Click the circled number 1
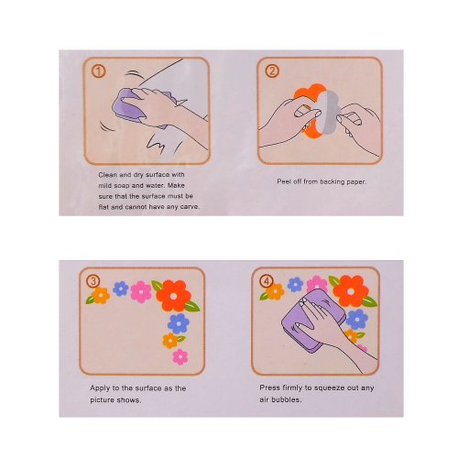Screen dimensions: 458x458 coord(98,71)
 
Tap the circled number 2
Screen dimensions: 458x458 coord(272,71)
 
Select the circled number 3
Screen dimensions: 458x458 coord(93,281)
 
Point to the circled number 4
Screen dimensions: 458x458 coord(266,281)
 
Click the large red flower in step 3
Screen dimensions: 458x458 coord(173,296)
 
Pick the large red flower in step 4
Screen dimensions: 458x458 coord(351,291)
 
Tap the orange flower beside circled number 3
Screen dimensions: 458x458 coord(101,295)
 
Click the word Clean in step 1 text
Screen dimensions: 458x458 coord(107,175)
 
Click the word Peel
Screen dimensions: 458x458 coord(283,181)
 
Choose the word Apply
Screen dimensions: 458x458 coord(100,388)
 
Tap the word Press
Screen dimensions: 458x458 coord(269,387)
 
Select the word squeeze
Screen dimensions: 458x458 coord(328,388)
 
